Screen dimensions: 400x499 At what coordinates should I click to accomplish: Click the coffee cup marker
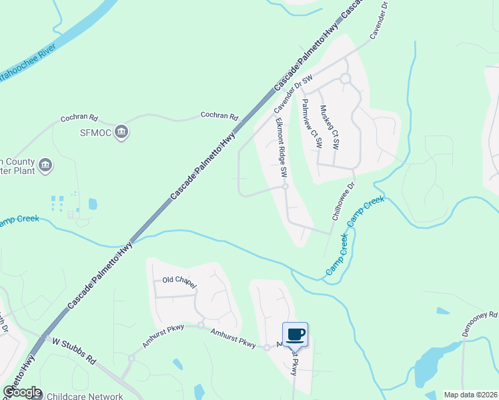pyautogui.click(x=295, y=333)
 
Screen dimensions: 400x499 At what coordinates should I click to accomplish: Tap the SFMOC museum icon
pyautogui.click(x=121, y=132)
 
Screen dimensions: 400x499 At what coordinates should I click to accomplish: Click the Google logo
pyautogui.click(x=21, y=392)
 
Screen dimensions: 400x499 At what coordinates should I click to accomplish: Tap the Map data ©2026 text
pyautogui.click(x=470, y=395)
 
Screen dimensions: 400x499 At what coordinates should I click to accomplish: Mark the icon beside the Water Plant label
pyautogui.click(x=45, y=165)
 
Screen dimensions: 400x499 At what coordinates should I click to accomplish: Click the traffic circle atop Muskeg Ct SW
pyautogui.click(x=346, y=79)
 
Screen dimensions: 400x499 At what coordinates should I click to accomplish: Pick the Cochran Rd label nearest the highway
pyautogui.click(x=219, y=116)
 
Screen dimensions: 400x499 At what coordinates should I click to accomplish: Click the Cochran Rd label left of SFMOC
pyautogui.click(x=79, y=118)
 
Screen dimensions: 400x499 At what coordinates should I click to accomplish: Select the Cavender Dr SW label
pyautogui.click(x=293, y=93)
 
